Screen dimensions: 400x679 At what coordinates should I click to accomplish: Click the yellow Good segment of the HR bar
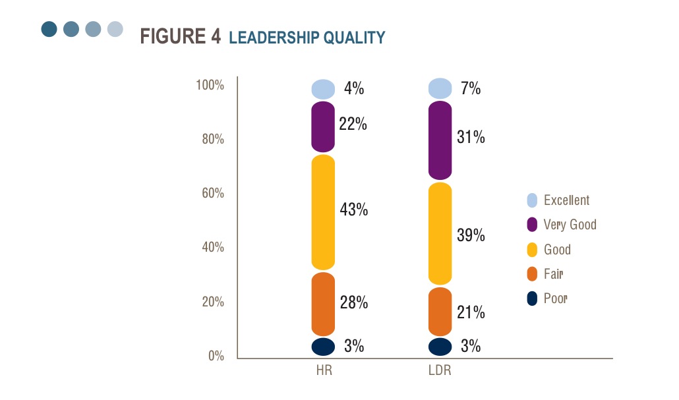click(x=323, y=212)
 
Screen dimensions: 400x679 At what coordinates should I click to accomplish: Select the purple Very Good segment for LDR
click(x=440, y=140)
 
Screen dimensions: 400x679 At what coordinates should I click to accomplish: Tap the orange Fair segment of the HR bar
click(x=323, y=304)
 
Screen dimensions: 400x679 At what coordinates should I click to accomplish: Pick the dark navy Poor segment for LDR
click(x=440, y=347)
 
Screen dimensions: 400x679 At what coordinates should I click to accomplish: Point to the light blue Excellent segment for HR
click(x=323, y=88)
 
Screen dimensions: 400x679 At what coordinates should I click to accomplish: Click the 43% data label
click(x=354, y=210)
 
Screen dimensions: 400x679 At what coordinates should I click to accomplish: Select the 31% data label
click(x=471, y=137)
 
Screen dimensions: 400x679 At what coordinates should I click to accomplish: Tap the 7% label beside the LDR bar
click(x=471, y=88)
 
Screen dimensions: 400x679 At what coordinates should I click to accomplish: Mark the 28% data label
click(x=354, y=303)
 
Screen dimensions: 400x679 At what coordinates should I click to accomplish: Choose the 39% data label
click(x=471, y=235)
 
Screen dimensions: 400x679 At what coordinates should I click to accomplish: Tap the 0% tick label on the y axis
click(x=216, y=357)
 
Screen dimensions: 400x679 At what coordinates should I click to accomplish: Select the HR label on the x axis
click(x=323, y=370)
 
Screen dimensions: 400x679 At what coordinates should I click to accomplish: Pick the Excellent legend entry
click(x=566, y=200)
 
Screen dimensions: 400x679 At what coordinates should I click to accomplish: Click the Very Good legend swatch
click(x=532, y=225)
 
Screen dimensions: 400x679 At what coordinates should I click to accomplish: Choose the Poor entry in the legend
click(x=556, y=299)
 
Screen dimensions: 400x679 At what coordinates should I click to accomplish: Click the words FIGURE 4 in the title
click(x=180, y=37)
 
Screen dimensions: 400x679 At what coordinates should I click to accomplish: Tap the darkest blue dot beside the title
click(x=49, y=29)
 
